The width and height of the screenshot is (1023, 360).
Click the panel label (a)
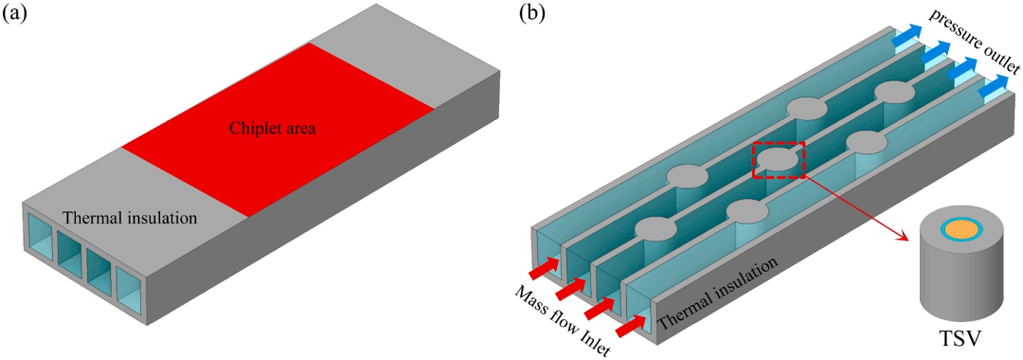(15, 13)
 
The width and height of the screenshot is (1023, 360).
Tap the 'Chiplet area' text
(272, 129)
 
